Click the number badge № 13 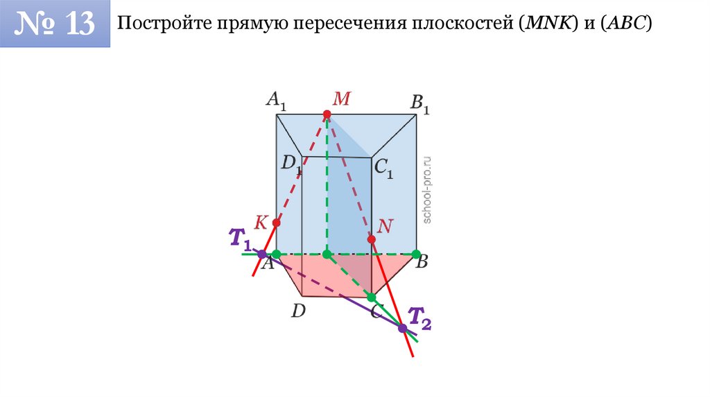55,24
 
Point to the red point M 327,114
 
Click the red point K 276,223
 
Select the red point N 372,239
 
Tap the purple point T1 261,254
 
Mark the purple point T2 402,327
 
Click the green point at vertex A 276,254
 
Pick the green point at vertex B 416,254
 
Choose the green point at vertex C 371,297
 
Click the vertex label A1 276,101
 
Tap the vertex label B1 420,105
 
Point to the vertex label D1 291,164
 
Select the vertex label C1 383,167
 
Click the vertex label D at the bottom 298,311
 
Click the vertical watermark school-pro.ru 427,189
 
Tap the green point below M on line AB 327,254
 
